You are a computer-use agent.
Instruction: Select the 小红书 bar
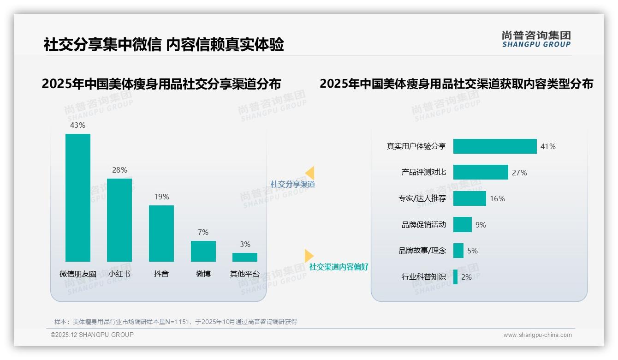tap(119, 220)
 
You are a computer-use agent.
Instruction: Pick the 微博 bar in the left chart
tap(203, 251)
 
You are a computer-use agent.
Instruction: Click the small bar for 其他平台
tap(245, 257)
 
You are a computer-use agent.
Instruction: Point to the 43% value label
tap(77, 125)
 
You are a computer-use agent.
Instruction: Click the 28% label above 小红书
tap(119, 170)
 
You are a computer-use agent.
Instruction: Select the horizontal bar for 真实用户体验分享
tap(495, 146)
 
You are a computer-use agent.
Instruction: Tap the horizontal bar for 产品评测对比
tap(481, 172)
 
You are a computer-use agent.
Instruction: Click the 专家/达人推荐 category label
tap(422, 198)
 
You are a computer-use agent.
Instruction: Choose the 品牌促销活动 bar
tap(463, 225)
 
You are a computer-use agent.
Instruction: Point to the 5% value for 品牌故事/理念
tap(472, 251)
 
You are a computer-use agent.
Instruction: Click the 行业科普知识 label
tap(423, 277)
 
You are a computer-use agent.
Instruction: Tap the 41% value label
tap(548, 146)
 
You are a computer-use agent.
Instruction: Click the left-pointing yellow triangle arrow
tap(310, 173)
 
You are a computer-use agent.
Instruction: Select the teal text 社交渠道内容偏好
tap(339, 267)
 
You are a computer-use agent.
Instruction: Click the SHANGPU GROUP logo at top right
tap(536, 39)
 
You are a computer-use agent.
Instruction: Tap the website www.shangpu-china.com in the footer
tap(537, 335)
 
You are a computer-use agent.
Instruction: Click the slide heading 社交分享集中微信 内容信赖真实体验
tap(164, 44)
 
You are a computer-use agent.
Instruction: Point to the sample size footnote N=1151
tap(176, 322)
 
